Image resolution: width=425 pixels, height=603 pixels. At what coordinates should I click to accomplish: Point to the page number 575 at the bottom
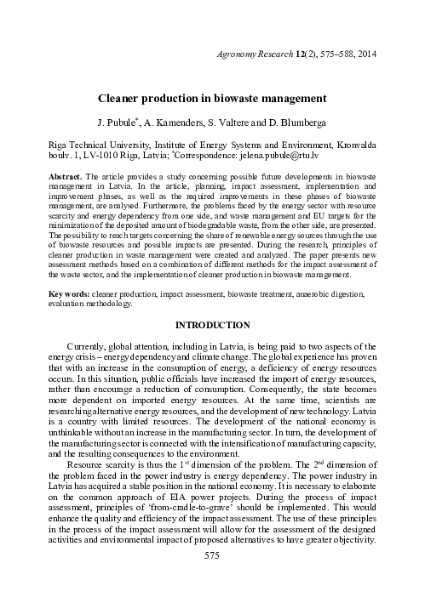[212, 579]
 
